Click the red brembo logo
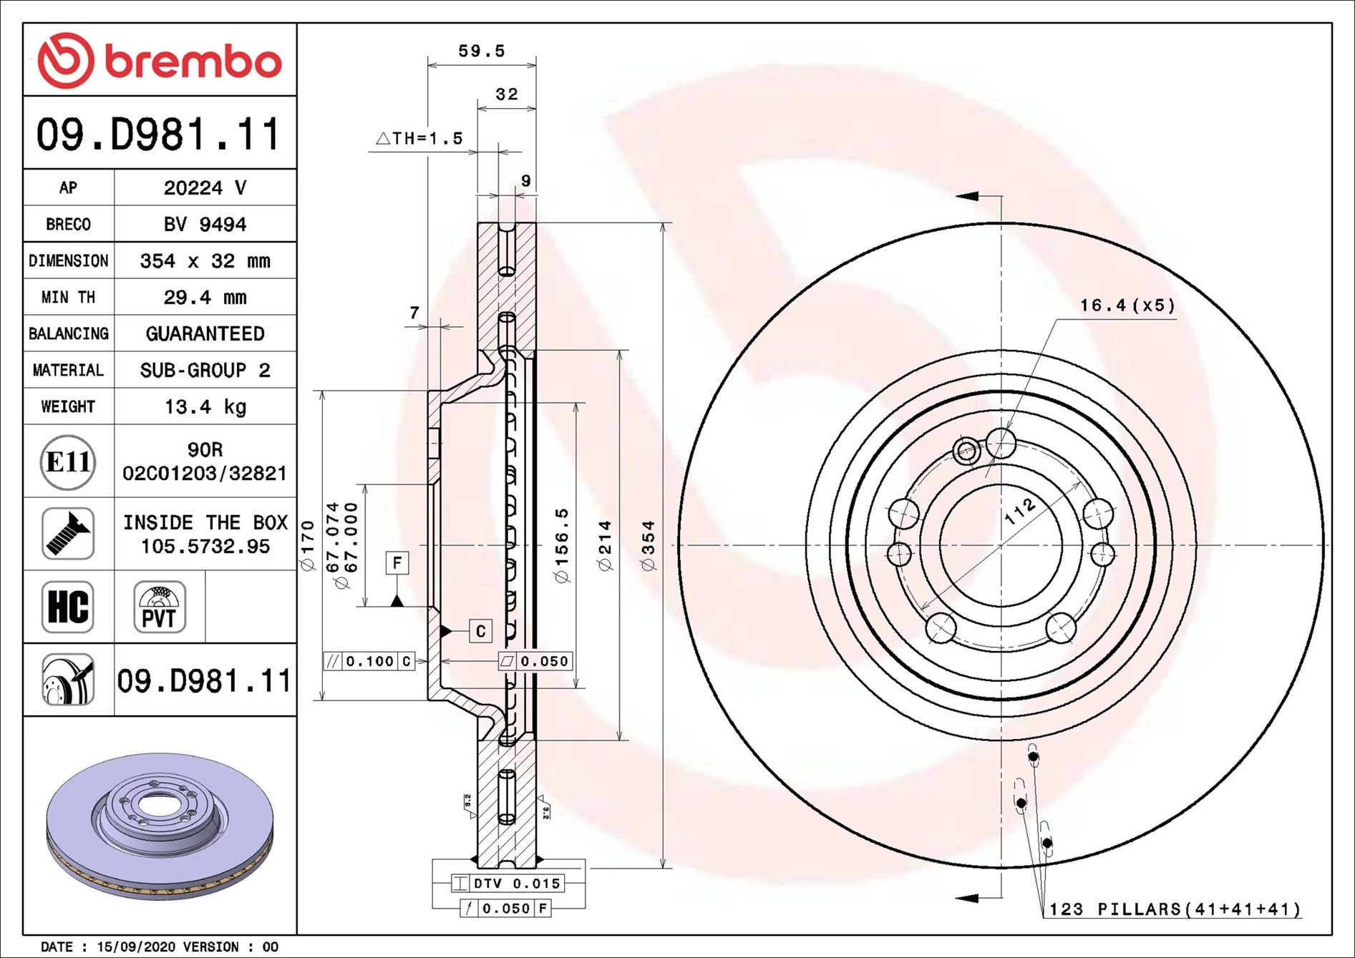pyautogui.click(x=159, y=60)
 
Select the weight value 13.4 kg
pyautogui.click(x=205, y=406)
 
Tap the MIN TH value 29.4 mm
pyautogui.click(x=205, y=297)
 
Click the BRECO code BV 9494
pyautogui.click(x=205, y=224)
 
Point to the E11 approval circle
pyautogui.click(x=68, y=462)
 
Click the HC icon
pyautogui.click(x=68, y=607)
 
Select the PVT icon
pyautogui.click(x=159, y=607)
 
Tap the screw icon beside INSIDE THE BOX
pyautogui.click(x=68, y=534)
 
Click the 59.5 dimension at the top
pyautogui.click(x=481, y=52)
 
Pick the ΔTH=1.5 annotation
pyautogui.click(x=420, y=138)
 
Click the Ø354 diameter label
pyautogui.click(x=649, y=545)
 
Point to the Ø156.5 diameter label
pyautogui.click(x=562, y=545)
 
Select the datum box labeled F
pyautogui.click(x=397, y=562)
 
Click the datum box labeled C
pyautogui.click(x=480, y=630)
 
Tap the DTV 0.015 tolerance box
pyautogui.click(x=508, y=884)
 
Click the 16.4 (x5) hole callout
pyautogui.click(x=1127, y=306)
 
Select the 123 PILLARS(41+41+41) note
pyautogui.click(x=1174, y=909)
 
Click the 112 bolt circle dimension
pyautogui.click(x=1019, y=512)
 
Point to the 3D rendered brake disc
pyautogui.click(x=159, y=826)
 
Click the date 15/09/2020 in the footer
pyautogui.click(x=136, y=947)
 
